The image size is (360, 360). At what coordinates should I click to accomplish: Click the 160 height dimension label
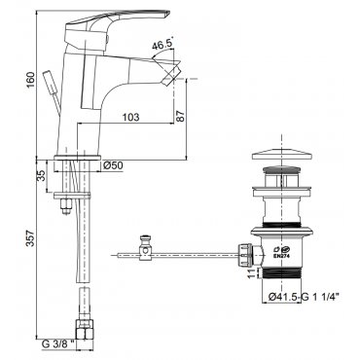pos(30,81)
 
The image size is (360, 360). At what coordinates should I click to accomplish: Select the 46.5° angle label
pos(162,44)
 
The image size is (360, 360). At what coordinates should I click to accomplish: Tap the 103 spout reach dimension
pos(130,117)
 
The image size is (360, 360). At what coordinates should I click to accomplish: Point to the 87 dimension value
pos(181,115)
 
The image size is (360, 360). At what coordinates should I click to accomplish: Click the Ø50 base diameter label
pos(113,165)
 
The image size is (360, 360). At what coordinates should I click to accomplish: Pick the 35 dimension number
pos(41,175)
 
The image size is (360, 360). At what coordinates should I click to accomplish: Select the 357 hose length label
pos(30,238)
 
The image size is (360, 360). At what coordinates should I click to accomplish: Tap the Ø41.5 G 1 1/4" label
pos(304,297)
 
